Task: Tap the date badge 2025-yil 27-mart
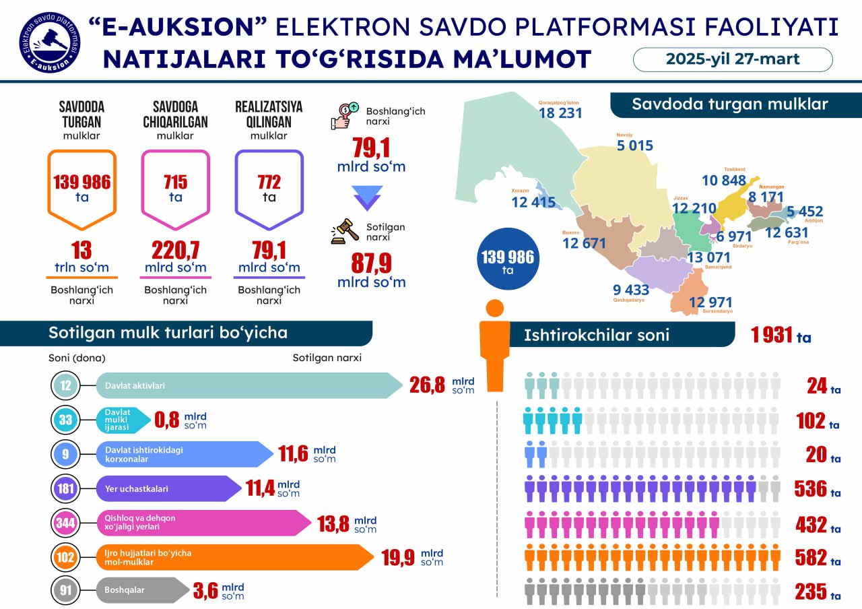[x=733, y=59]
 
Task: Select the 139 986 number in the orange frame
[x=81, y=182]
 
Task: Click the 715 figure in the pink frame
[x=175, y=182]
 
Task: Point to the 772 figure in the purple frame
[x=269, y=182]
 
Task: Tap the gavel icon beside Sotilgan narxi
[x=343, y=231]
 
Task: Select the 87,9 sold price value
[x=371, y=262]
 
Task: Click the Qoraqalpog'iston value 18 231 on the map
[x=560, y=113]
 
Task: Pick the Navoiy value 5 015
[x=634, y=146]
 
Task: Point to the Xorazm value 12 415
[x=533, y=202]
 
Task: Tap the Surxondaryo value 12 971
[x=710, y=302]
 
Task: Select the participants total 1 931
[x=773, y=335]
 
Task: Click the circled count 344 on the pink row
[x=65, y=523]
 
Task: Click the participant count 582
[x=810, y=557]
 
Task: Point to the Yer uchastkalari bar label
[x=137, y=489]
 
